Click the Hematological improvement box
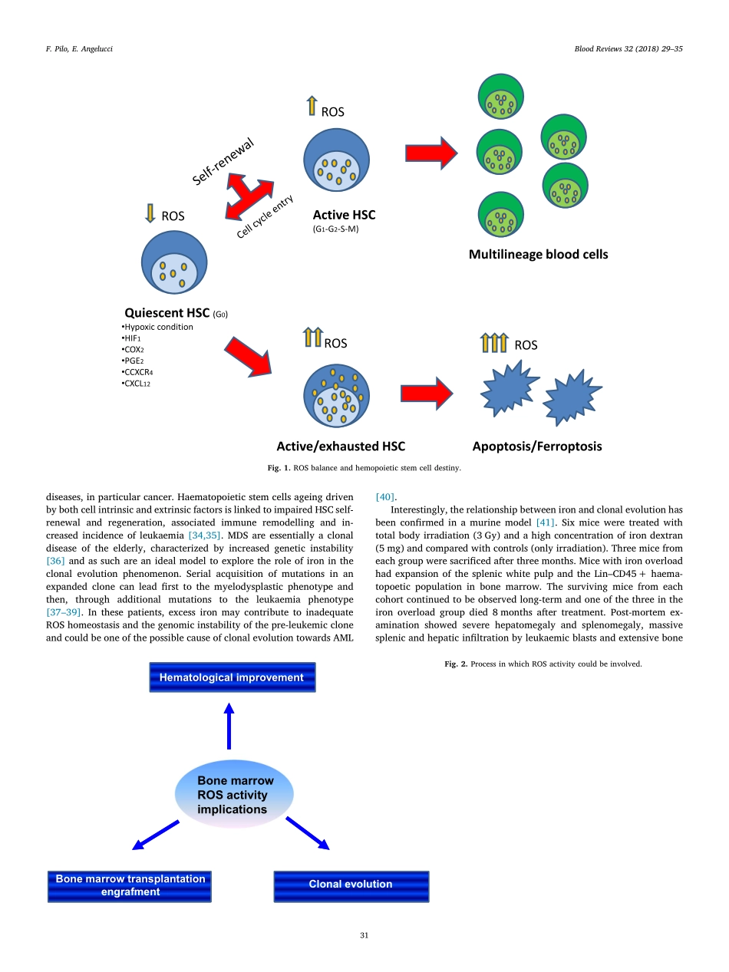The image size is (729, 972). coord(232,677)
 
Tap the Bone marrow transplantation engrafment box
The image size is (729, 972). coord(130,885)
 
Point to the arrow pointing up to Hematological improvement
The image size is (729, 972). coord(229,727)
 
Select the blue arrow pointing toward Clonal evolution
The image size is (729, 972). coord(308,833)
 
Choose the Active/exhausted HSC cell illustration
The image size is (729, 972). coord(336,396)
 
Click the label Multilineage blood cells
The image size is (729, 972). coord(538,254)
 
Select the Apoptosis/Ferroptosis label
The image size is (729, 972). coord(537,446)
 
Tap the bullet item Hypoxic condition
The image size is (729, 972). coord(159,327)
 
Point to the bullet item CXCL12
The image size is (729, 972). coord(137,383)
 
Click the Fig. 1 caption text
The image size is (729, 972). coord(364,466)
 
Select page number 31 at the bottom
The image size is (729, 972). coord(364,934)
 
